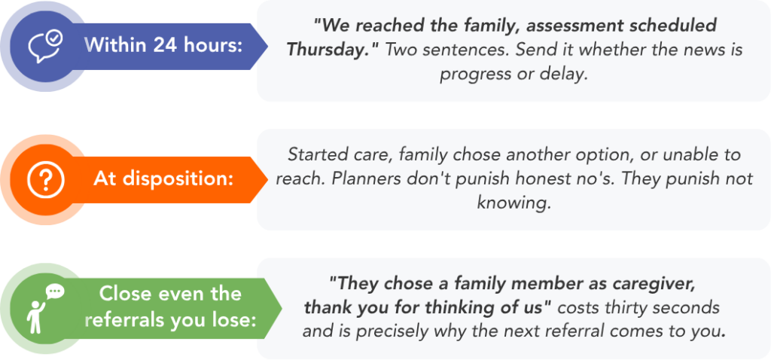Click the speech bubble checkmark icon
point(45,46)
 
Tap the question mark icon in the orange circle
point(45,180)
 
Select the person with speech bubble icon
point(45,308)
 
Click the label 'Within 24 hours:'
point(163,46)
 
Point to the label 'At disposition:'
point(163,179)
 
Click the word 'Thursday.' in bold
point(331,49)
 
